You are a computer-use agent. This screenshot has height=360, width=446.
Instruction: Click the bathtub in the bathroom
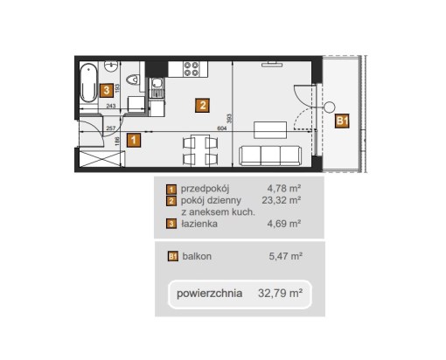coord(88,83)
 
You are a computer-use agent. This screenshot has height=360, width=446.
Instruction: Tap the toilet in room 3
coord(133,80)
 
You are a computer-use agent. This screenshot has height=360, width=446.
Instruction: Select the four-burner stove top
coord(192,69)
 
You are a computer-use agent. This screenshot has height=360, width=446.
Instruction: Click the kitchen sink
coord(157,84)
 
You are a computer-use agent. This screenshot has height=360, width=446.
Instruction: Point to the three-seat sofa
coord(270,156)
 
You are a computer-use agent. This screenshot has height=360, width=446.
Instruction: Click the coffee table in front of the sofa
coord(270,130)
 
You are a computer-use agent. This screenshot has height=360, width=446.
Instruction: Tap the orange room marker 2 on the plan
coord(203,105)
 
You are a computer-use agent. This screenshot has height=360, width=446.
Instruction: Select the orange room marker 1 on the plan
coord(134,140)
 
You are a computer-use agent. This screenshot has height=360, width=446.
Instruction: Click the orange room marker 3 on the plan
coord(107,90)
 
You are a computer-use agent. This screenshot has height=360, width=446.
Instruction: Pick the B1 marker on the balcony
coord(342,121)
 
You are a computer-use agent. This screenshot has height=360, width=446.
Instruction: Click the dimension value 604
coord(222,128)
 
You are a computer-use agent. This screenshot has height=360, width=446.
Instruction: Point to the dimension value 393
coord(229,118)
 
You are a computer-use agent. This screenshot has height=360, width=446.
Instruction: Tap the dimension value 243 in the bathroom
coord(111,106)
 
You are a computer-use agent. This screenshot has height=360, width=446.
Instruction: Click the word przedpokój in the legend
coord(205,189)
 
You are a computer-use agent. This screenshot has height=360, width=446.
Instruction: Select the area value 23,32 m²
coord(282,200)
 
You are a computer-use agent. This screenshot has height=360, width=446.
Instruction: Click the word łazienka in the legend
coord(199,224)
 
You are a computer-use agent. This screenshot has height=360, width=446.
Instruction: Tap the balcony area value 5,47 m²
coord(285,256)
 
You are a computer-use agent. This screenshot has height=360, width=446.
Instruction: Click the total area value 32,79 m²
coord(280,293)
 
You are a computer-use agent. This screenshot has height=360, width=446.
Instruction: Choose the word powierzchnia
coord(209,294)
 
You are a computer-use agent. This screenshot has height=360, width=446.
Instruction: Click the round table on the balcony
coord(330,107)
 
